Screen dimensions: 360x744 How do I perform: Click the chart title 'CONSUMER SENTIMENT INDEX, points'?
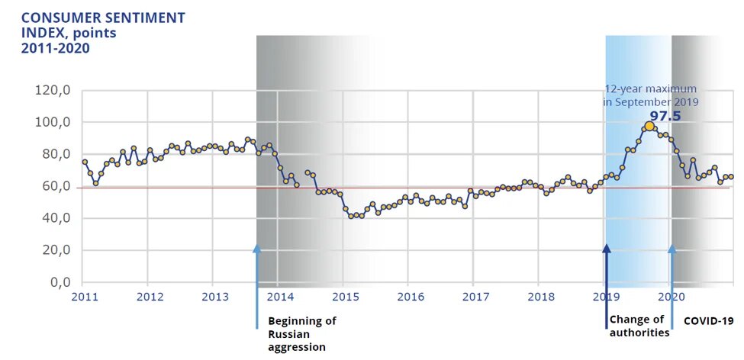[102, 24]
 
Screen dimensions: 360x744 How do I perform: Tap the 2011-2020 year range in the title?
[55, 48]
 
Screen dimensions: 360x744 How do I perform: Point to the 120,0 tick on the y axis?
[53, 91]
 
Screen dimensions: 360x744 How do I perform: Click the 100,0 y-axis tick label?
[53, 123]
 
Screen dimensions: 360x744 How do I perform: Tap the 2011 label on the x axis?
[84, 296]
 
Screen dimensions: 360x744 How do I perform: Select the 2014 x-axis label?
[280, 296]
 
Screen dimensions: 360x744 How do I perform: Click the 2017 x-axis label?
[475, 296]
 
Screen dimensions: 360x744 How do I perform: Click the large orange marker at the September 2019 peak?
[649, 127]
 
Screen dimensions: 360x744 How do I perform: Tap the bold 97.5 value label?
[665, 116]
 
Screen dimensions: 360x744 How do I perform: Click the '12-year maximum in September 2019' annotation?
[651, 95]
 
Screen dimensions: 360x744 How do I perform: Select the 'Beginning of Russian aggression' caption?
[302, 333]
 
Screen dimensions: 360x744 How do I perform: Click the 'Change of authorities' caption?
[639, 326]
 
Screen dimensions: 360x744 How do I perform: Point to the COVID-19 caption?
[708, 321]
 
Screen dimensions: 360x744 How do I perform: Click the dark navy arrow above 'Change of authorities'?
[607, 286]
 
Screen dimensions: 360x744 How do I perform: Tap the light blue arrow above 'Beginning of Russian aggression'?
[257, 286]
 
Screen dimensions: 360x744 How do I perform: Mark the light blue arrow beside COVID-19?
[672, 286]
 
